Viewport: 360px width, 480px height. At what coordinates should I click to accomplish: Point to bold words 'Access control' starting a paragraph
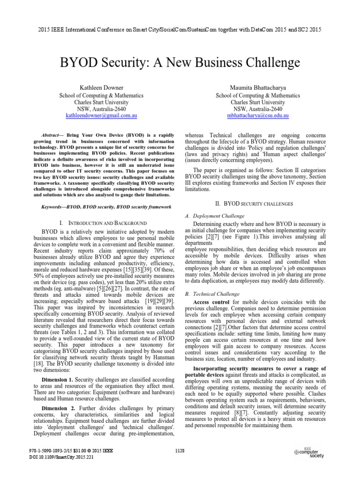(211, 302)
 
